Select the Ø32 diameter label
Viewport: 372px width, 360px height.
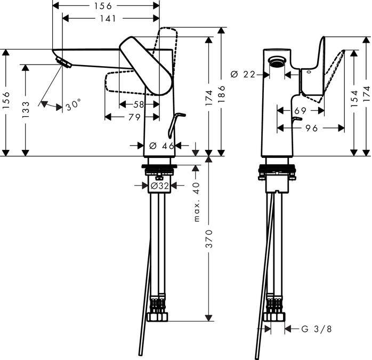coord(159,186)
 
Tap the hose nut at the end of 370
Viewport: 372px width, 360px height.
coord(159,317)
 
